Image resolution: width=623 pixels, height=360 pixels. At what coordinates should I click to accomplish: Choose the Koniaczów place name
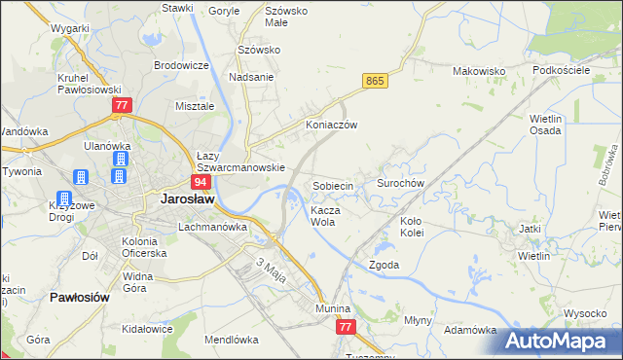tap(333, 126)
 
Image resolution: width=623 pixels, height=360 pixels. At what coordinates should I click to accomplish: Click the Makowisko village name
tap(481, 71)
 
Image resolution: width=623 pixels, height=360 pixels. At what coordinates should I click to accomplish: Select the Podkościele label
tap(561, 71)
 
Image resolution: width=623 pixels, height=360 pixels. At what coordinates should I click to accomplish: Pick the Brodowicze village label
tap(182, 65)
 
